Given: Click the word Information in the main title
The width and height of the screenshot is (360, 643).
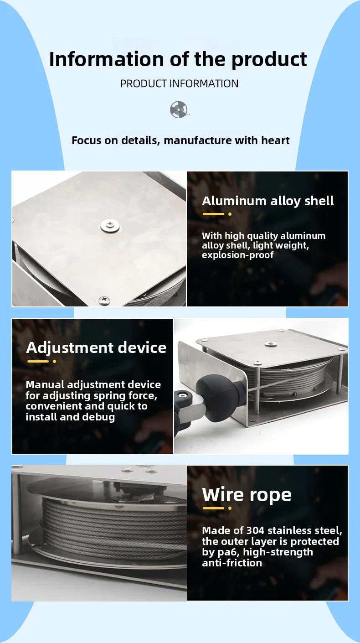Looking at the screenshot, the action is [106, 59].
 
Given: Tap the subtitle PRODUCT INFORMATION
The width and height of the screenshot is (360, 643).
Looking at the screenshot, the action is [179, 83].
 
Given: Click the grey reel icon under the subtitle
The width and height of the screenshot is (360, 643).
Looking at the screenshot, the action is [180, 109].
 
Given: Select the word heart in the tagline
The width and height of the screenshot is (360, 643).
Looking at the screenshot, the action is [275, 140].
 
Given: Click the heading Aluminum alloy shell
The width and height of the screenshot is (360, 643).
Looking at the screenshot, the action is [267, 201].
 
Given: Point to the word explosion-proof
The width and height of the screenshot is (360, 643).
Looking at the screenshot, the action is [237, 255].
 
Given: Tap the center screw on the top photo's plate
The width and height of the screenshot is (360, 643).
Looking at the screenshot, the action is [110, 225].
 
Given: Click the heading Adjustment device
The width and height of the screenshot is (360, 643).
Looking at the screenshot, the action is [96, 347].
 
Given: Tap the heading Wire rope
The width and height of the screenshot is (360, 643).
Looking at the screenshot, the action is [247, 495].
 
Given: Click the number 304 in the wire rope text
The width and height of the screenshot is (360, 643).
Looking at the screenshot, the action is [256, 530].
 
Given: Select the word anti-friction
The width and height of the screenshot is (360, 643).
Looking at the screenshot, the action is [232, 563].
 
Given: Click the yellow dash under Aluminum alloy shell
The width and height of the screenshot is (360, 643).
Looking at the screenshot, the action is [213, 214].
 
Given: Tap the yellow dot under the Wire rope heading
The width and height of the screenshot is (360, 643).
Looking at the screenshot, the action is [230, 508].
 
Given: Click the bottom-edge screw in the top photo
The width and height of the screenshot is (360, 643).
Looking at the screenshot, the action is [104, 301].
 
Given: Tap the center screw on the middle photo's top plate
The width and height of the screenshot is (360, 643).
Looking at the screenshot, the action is [269, 343].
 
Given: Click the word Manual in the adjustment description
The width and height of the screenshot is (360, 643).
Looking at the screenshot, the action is [45, 384].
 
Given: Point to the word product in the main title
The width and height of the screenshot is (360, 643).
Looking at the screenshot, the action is [269, 60].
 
